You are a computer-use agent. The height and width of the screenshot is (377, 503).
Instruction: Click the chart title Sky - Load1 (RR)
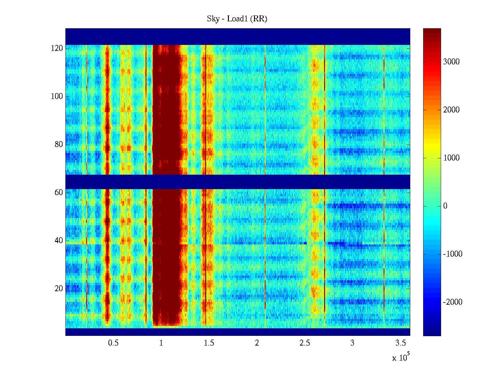tap(237, 19)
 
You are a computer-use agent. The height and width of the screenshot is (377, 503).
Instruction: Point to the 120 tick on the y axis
tap(57, 48)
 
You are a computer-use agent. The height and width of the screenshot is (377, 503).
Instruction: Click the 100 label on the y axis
tap(57, 96)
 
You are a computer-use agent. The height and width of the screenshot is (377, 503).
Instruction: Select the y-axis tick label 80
tap(59, 145)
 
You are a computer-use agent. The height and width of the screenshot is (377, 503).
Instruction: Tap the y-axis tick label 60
tap(59, 193)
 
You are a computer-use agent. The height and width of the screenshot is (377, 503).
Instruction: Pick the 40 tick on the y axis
tap(59, 241)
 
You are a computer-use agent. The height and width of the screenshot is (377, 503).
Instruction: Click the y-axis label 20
tap(59, 289)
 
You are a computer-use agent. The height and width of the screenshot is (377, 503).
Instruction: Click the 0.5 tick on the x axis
tap(113, 343)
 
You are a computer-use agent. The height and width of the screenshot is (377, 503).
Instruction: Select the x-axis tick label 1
tap(161, 343)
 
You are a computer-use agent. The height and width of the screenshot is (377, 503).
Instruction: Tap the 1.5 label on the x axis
tap(209, 343)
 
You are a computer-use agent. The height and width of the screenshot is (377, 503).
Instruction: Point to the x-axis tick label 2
tap(257, 343)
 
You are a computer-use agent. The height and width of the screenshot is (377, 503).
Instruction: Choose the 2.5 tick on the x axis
tap(305, 343)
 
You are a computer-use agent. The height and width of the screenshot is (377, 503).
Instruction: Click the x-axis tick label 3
tap(352, 343)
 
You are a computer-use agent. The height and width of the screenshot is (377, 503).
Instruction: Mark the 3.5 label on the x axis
tap(400, 343)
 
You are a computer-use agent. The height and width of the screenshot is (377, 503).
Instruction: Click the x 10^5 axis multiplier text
tap(401, 358)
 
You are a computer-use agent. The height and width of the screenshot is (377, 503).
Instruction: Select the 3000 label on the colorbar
tap(451, 62)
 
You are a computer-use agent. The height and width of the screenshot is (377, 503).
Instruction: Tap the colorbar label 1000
tap(451, 158)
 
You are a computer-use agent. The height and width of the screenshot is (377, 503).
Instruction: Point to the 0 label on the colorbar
tap(445, 206)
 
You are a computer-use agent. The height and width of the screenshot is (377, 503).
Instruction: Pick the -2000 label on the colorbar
tap(452, 302)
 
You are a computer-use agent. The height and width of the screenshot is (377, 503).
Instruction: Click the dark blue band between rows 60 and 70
tap(238, 182)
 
